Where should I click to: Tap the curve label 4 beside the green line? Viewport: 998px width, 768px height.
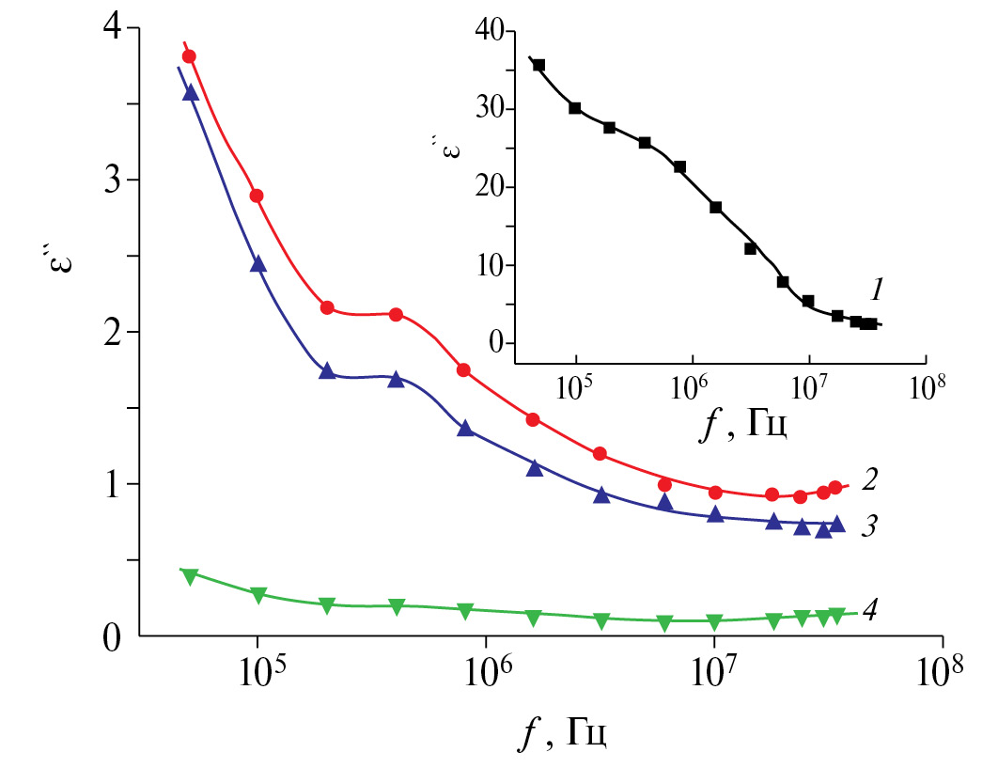(x=870, y=609)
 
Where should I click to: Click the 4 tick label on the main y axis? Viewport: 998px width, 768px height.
(x=111, y=28)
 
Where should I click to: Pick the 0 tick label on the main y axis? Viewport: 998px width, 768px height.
(x=111, y=638)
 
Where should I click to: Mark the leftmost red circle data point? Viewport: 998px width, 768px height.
(x=189, y=56)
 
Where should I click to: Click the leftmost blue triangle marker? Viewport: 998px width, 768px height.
(x=191, y=92)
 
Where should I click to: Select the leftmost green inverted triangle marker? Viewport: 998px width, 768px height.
(x=190, y=576)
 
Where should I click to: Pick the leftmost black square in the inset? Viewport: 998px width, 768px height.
(x=539, y=65)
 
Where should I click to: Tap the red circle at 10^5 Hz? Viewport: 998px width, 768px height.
(x=256, y=196)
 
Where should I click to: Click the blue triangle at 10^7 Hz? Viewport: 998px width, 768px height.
(x=715, y=514)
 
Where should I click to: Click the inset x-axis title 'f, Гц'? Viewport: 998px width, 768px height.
(x=745, y=427)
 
